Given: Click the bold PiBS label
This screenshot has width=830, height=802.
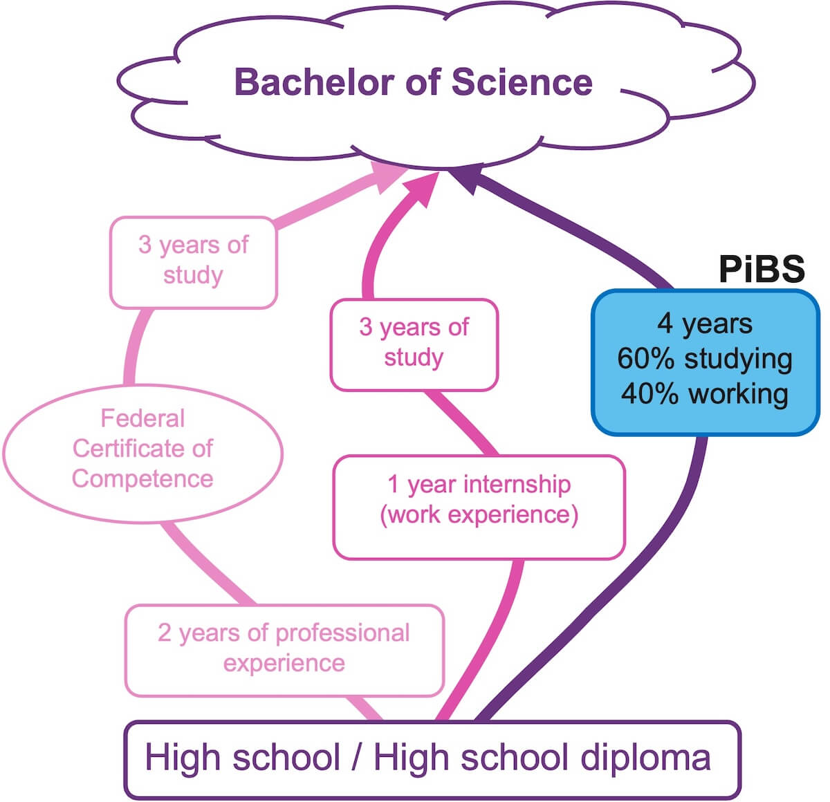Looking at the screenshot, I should (762, 268).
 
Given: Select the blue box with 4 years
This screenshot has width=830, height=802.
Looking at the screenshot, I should (705, 362).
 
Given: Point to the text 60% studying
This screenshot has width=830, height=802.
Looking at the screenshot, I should (704, 359).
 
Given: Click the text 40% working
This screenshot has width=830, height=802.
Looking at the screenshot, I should (704, 393).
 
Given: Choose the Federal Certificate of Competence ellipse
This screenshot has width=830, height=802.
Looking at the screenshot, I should (143, 449).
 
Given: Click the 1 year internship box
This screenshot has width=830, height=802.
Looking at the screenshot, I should (479, 506).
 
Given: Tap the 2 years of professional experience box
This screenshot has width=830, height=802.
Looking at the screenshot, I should (284, 649).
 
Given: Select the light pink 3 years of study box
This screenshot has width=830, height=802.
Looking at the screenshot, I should (193, 261).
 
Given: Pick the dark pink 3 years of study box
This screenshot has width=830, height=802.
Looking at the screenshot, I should (414, 343).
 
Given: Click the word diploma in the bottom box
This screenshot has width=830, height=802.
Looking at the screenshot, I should (645, 758).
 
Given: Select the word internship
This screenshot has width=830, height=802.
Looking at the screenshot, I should (517, 485).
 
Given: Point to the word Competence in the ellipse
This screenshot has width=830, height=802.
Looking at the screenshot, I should (142, 478).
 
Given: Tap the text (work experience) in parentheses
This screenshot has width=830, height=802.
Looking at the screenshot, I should (479, 516).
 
